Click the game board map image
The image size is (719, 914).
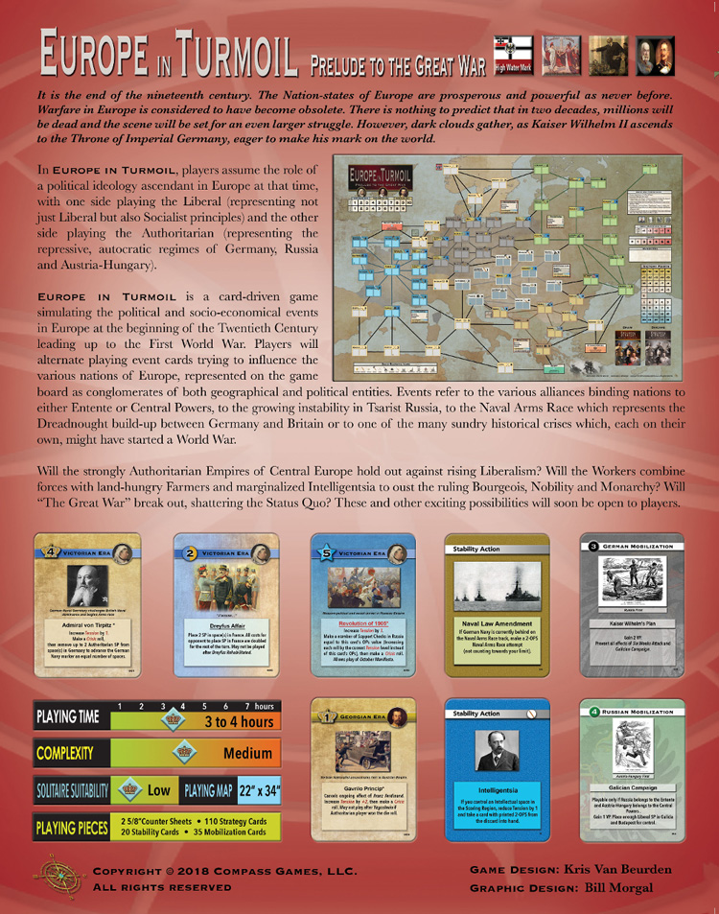(x=507, y=266)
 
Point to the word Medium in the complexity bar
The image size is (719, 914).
(x=247, y=753)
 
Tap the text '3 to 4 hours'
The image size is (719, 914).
(x=238, y=720)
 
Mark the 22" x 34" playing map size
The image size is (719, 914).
(x=259, y=790)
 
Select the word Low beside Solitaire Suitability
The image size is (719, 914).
(x=159, y=791)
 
